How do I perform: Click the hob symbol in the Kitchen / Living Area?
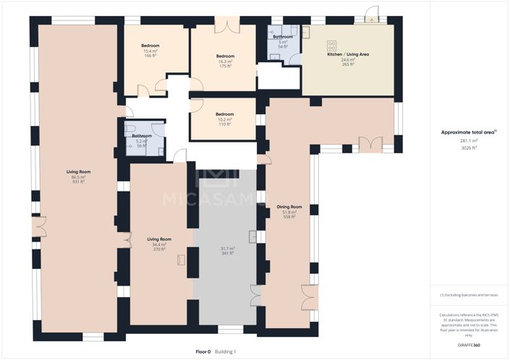click(x=332, y=46)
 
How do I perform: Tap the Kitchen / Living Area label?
click(x=348, y=54)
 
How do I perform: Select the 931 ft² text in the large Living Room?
click(x=78, y=182)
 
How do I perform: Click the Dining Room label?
click(x=289, y=207)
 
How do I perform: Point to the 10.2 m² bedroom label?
click(x=224, y=119)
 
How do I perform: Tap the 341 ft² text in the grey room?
click(x=227, y=254)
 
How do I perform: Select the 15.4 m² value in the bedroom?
click(x=150, y=51)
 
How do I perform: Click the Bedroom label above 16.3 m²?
click(x=225, y=56)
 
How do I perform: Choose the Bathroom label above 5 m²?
click(x=283, y=37)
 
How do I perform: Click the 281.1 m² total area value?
click(x=469, y=141)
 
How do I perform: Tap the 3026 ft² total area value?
click(x=469, y=147)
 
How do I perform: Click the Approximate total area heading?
click(x=468, y=132)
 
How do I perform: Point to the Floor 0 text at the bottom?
click(x=203, y=351)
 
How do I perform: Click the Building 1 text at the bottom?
click(x=225, y=351)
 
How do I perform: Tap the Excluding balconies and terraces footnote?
click(x=469, y=295)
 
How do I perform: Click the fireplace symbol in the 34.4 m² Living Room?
click(x=181, y=260)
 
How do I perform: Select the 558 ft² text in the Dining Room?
click(x=289, y=217)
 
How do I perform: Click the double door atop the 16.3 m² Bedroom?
click(x=227, y=26)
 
